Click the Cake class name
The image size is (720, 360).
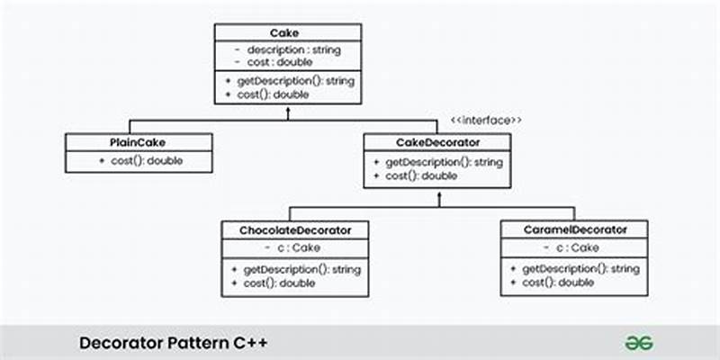click(287, 32)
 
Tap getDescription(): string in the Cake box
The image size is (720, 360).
click(289, 81)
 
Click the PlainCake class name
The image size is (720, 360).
click(139, 142)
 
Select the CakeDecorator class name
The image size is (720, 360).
click(438, 142)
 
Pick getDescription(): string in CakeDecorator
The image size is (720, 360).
click(437, 162)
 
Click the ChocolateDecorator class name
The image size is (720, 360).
click(295, 230)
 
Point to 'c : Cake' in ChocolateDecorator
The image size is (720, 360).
click(295, 247)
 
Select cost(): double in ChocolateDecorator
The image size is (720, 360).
click(279, 283)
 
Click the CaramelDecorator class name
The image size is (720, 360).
click(575, 230)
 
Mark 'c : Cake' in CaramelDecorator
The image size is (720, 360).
click(575, 247)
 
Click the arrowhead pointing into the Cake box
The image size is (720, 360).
click(288, 111)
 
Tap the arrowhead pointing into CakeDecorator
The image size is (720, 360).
click(438, 193)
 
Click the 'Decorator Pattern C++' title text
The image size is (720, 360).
click(173, 343)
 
